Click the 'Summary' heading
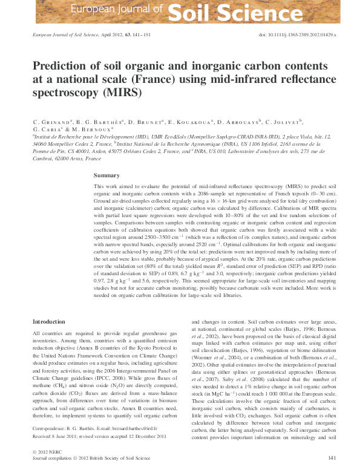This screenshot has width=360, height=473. pos(106,175)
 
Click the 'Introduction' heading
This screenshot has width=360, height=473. pos(49,322)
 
